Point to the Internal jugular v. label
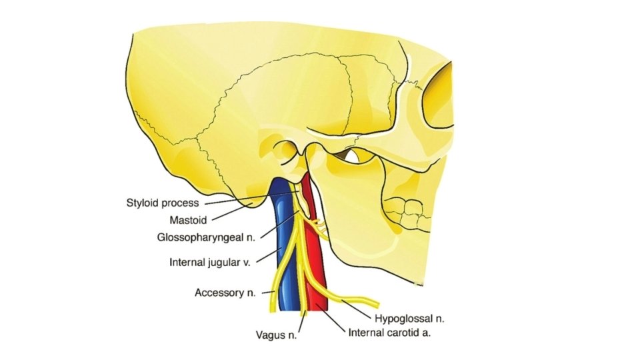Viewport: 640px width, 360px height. coord(209,262)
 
